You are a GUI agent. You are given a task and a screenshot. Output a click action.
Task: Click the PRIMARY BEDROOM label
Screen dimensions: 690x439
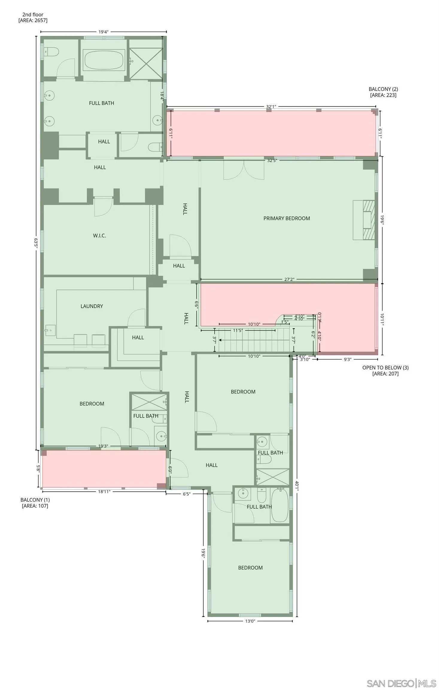click(x=286, y=218)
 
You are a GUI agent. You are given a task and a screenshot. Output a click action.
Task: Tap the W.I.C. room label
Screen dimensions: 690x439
click(x=99, y=236)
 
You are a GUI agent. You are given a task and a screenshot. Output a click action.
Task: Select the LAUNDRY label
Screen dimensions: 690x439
click(x=92, y=306)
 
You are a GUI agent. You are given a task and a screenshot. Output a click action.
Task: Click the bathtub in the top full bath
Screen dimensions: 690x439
click(x=104, y=60)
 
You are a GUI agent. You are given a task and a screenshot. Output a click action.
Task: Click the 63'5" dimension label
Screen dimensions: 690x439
click(x=36, y=243)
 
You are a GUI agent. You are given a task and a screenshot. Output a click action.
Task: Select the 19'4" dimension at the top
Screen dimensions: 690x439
click(x=103, y=32)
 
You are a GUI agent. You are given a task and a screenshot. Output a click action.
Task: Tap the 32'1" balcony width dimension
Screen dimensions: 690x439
click(x=271, y=107)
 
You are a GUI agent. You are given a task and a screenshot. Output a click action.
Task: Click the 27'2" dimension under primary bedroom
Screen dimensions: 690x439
click(x=289, y=279)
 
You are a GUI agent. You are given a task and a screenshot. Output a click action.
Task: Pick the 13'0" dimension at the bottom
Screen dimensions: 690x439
click(x=250, y=621)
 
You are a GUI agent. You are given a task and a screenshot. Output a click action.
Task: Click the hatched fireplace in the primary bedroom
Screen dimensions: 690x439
click(x=368, y=220)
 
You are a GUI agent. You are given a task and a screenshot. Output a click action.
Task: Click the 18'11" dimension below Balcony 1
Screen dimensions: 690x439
click(x=104, y=491)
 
